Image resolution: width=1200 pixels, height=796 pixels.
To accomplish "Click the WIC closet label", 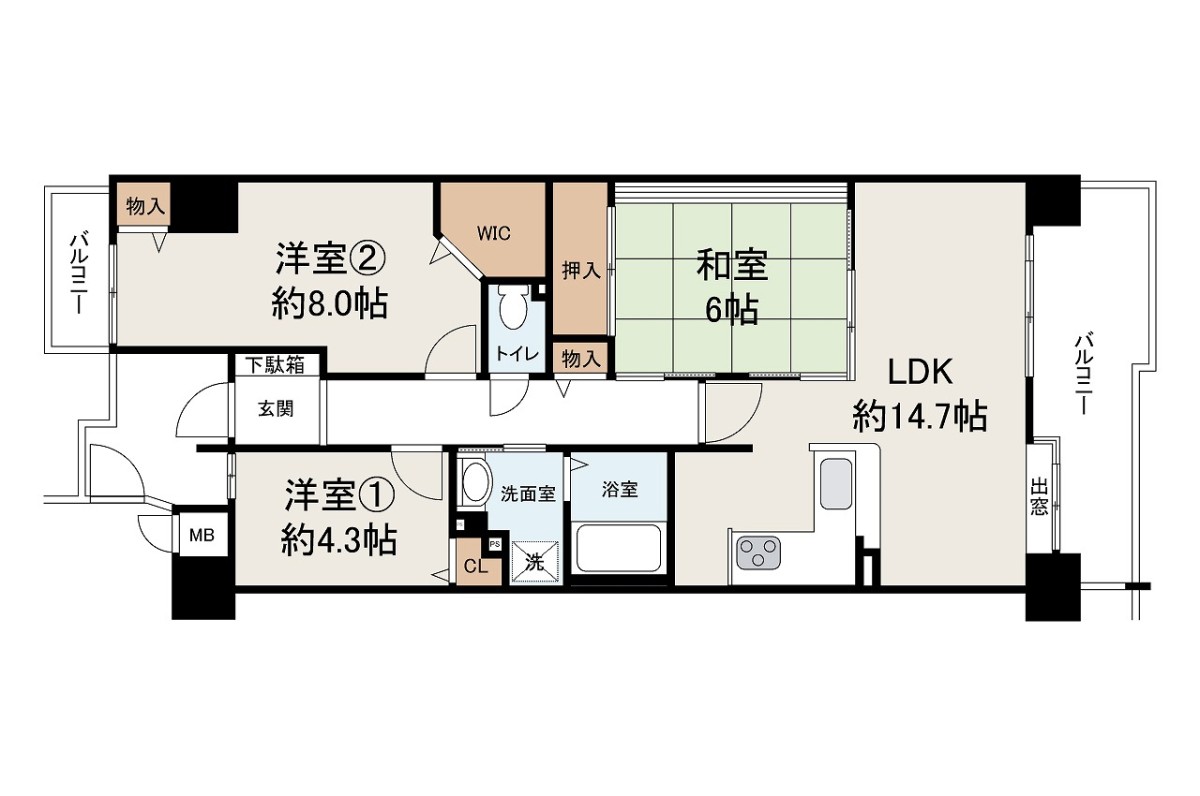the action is (493, 234).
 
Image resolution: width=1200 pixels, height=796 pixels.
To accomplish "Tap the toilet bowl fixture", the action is (513, 307).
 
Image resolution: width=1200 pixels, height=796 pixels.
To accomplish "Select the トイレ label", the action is (516, 354).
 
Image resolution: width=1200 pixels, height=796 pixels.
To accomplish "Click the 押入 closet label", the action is (581, 271).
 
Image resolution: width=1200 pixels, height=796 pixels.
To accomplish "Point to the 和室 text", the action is (732, 265).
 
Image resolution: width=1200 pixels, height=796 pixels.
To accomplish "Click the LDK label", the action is (920, 372).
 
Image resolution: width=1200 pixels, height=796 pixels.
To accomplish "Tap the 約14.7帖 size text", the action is (920, 416).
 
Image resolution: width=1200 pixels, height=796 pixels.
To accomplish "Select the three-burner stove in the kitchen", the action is (759, 552).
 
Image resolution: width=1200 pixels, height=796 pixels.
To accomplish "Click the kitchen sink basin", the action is (836, 483).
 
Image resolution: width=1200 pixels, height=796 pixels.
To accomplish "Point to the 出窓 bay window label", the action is (1039, 497).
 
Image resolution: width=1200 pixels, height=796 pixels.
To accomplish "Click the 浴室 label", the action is (619, 489).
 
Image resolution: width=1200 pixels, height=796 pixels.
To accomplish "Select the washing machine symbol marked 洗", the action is (535, 562).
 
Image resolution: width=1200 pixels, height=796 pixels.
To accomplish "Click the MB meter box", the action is (202, 535).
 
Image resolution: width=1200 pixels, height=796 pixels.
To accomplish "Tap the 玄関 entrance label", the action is (276, 409).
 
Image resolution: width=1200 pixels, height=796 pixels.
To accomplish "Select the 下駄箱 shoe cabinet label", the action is (275, 365).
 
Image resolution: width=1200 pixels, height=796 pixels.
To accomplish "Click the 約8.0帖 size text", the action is (329, 304).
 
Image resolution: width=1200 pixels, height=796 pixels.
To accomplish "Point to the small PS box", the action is (495, 545).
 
